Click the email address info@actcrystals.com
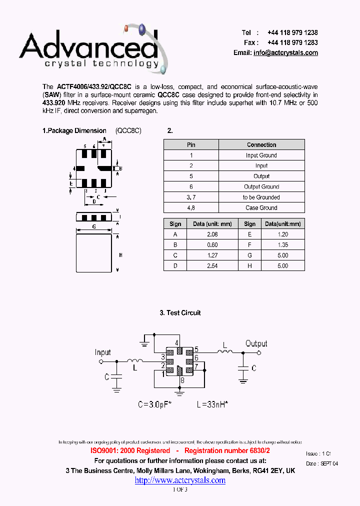pyautogui.click(x=285, y=53)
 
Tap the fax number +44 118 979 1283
pyautogui.click(x=292, y=42)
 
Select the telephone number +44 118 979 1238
pyautogui.click(x=292, y=32)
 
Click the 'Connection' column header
pyautogui.click(x=261, y=144)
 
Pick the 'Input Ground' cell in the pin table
pyautogui.click(x=261, y=155)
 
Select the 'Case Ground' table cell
pyautogui.click(x=261, y=207)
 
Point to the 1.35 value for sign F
pyautogui.click(x=282, y=244)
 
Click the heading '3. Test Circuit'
pyautogui.click(x=180, y=312)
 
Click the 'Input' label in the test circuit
pyautogui.click(x=103, y=352)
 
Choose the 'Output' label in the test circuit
pyautogui.click(x=256, y=343)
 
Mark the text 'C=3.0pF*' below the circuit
pyautogui.click(x=155, y=404)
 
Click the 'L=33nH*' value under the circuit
pyautogui.click(x=212, y=404)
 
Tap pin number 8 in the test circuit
pyautogui.click(x=182, y=380)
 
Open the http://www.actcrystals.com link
pyautogui.click(x=180, y=480)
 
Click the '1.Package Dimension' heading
pyautogui.click(x=74, y=130)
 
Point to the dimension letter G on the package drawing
pyautogui.click(x=93, y=226)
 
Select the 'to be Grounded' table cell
pyautogui.click(x=261, y=197)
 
